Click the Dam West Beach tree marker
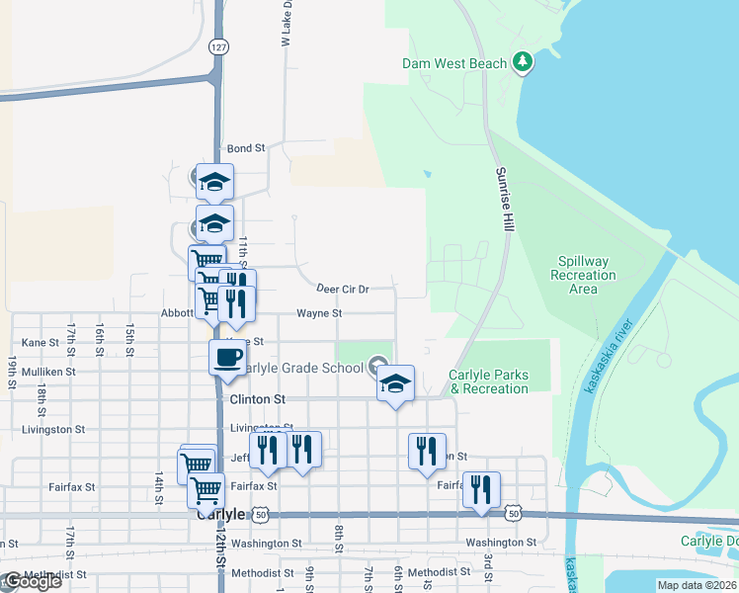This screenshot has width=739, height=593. click(x=523, y=63)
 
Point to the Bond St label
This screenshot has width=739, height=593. click(x=246, y=148)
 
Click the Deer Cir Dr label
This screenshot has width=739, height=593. click(x=343, y=290)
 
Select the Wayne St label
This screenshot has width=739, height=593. click(x=319, y=313)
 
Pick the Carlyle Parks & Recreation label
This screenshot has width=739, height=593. click(x=488, y=381)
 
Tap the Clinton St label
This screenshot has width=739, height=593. click(x=257, y=399)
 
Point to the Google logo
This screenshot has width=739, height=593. click(x=32, y=581)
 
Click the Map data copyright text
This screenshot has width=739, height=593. click(x=696, y=585)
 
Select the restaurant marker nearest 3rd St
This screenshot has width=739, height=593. click(x=481, y=489)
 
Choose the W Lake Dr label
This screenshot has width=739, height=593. click(x=286, y=24)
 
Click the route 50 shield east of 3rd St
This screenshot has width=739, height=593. click(x=513, y=513)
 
